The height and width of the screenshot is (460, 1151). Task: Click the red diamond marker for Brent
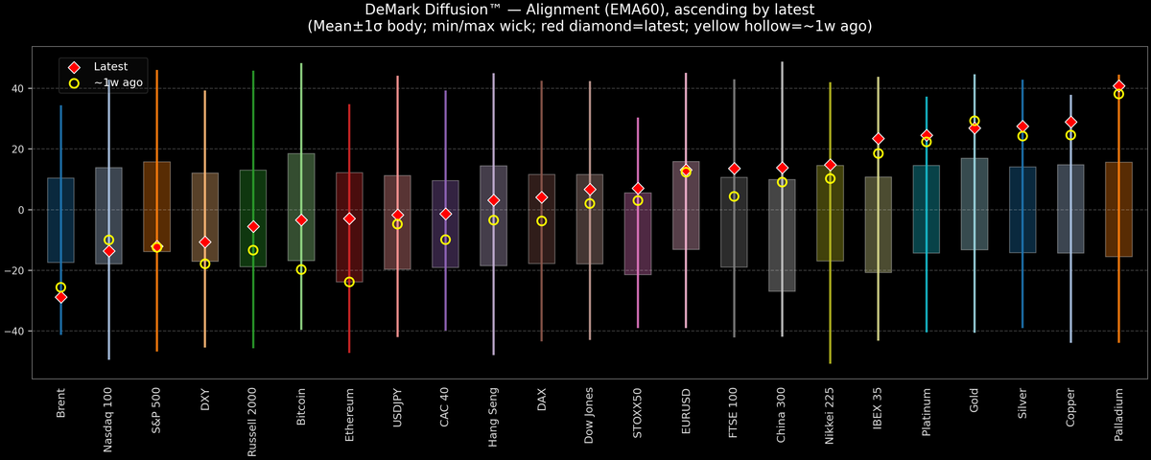(61, 297)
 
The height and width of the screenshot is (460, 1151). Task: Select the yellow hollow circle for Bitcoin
(301, 269)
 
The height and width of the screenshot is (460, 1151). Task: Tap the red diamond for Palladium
(1118, 86)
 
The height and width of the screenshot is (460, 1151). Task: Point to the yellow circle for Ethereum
(349, 282)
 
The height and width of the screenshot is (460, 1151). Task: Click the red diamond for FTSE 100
(734, 169)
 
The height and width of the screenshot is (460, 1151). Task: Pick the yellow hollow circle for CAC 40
(445, 240)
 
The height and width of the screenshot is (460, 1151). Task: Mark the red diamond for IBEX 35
(878, 139)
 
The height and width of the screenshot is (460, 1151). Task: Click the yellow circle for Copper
(1070, 135)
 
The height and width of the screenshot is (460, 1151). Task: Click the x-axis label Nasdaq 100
(109, 419)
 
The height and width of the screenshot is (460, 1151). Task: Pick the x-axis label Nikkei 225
(830, 418)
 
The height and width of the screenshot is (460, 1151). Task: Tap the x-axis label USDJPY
(397, 410)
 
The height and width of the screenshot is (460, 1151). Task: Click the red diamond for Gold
(975, 127)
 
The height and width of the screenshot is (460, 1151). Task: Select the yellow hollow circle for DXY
(205, 264)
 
